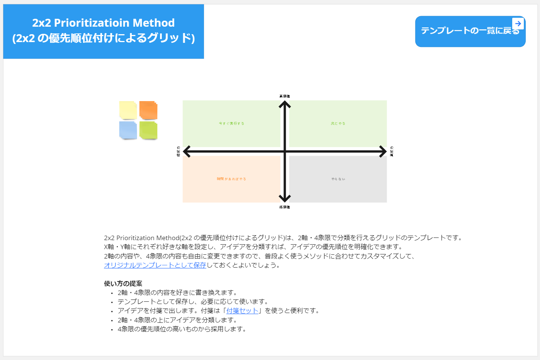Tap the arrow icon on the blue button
(x=518, y=23)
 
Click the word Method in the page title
(x=154, y=23)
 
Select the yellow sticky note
(x=128, y=110)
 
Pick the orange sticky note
(x=148, y=110)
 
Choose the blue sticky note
(x=128, y=130)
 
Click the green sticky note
(x=148, y=130)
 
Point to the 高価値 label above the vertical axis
(x=285, y=96)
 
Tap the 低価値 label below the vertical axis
(x=285, y=207)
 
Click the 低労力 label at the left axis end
(x=178, y=151)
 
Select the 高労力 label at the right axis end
(x=392, y=151)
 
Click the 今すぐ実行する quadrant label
(x=231, y=123)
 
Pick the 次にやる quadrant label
(x=338, y=123)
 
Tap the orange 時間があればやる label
(x=231, y=179)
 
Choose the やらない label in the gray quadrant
(x=338, y=179)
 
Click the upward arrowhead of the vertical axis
(x=285, y=104)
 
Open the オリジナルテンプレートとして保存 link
(x=155, y=265)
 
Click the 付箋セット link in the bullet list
(x=242, y=311)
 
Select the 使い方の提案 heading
(x=123, y=283)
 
